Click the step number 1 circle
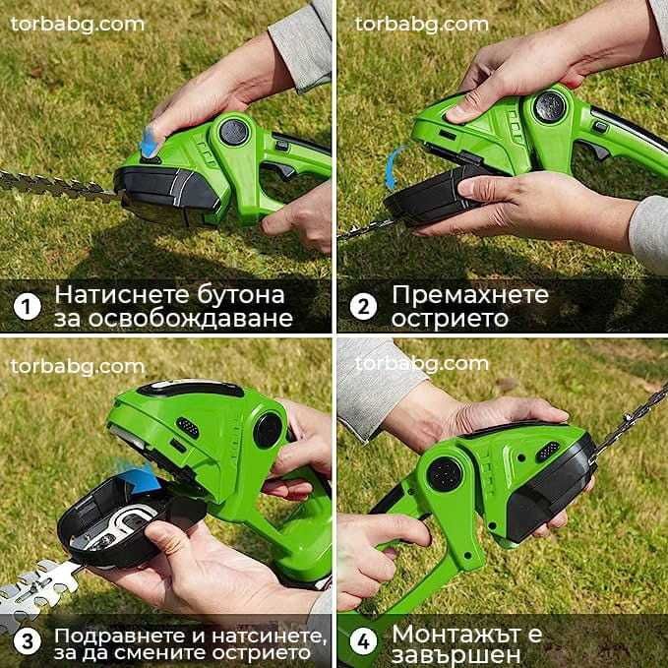point(27,306)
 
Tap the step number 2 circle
point(363,306)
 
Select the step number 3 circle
point(27,641)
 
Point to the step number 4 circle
point(363,641)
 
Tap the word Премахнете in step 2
point(469,293)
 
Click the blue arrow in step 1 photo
point(148,139)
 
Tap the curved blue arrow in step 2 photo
point(394,162)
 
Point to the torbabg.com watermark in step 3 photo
point(78,365)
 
